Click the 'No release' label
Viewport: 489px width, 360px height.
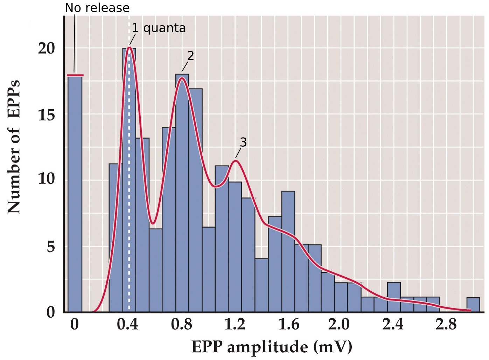tap(97, 8)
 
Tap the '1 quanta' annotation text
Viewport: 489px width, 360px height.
tap(159, 28)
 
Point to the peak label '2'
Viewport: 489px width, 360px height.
tap(190, 56)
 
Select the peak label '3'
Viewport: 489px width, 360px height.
tap(243, 142)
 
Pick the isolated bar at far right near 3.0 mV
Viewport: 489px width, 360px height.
tap(473, 305)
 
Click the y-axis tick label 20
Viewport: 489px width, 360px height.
tap(47, 48)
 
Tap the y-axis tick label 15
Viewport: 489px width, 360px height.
tap(47, 115)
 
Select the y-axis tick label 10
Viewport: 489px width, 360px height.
tap(47, 179)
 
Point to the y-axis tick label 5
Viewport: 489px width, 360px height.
tap(51, 247)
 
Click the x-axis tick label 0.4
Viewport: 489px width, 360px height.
tap(127, 325)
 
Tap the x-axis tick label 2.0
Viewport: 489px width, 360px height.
tap(339, 325)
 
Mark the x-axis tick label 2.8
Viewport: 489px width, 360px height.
tap(446, 325)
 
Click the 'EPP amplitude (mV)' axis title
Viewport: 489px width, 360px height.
tap(272, 347)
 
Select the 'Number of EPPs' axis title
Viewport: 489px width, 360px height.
tap(14, 147)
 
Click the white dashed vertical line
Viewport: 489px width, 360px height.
tap(129, 210)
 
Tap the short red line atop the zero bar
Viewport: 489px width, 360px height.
tap(75, 75)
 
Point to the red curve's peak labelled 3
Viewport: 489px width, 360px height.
tap(236, 161)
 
